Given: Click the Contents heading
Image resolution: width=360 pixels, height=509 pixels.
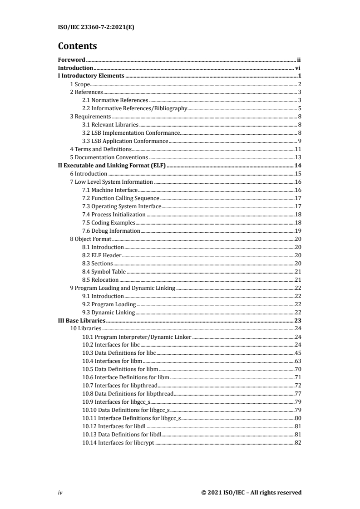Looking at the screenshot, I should (78, 46).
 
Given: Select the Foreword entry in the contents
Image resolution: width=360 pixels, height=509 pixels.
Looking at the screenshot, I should (72, 59).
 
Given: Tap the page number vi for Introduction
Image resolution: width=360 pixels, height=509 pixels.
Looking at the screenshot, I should (299, 68).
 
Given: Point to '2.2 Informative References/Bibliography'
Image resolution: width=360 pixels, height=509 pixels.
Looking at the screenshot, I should (134, 108).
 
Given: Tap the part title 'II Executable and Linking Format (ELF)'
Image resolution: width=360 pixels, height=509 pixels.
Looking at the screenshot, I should (113, 166).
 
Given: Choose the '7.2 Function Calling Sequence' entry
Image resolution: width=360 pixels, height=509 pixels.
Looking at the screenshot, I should (121, 198).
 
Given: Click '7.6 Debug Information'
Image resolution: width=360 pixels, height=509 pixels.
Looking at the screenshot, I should (111, 231).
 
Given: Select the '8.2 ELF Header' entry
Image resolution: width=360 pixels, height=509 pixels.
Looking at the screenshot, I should (102, 255).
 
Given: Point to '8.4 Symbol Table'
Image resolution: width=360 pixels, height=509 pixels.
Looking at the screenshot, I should (104, 272).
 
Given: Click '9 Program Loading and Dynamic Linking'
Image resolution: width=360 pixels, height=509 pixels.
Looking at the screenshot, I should (122, 288).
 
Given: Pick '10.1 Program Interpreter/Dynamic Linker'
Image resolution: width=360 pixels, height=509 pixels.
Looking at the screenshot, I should (137, 337).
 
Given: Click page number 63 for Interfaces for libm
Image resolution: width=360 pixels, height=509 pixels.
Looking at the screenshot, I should (298, 362).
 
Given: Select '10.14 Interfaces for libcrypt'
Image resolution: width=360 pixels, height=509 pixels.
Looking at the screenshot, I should (118, 443).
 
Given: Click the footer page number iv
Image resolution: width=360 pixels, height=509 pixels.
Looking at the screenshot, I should (60, 493).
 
